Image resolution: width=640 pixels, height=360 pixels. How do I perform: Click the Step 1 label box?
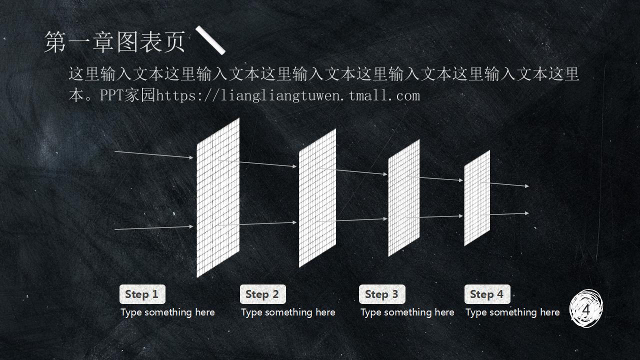click(142, 294)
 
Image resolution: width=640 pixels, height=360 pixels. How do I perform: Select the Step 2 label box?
click(262, 294)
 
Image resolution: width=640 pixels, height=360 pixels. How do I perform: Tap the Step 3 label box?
click(382, 294)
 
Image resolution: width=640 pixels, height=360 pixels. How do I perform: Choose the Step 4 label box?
click(487, 294)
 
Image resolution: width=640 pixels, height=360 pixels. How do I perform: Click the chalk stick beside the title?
click(210, 40)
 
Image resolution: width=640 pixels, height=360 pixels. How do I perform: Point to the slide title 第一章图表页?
click(114, 42)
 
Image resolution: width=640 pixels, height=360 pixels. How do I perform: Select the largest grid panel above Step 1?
click(218, 197)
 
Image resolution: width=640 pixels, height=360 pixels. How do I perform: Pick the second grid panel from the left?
click(317, 198)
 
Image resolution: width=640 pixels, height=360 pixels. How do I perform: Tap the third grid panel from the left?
click(404, 198)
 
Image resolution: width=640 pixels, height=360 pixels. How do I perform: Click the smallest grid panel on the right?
click(477, 198)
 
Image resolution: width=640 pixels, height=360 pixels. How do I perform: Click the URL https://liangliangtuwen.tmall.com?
click(288, 95)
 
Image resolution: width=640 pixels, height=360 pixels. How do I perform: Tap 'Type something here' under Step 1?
click(167, 312)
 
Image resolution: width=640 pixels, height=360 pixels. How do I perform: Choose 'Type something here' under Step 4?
click(512, 312)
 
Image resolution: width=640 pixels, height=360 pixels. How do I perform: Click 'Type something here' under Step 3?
click(407, 312)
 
